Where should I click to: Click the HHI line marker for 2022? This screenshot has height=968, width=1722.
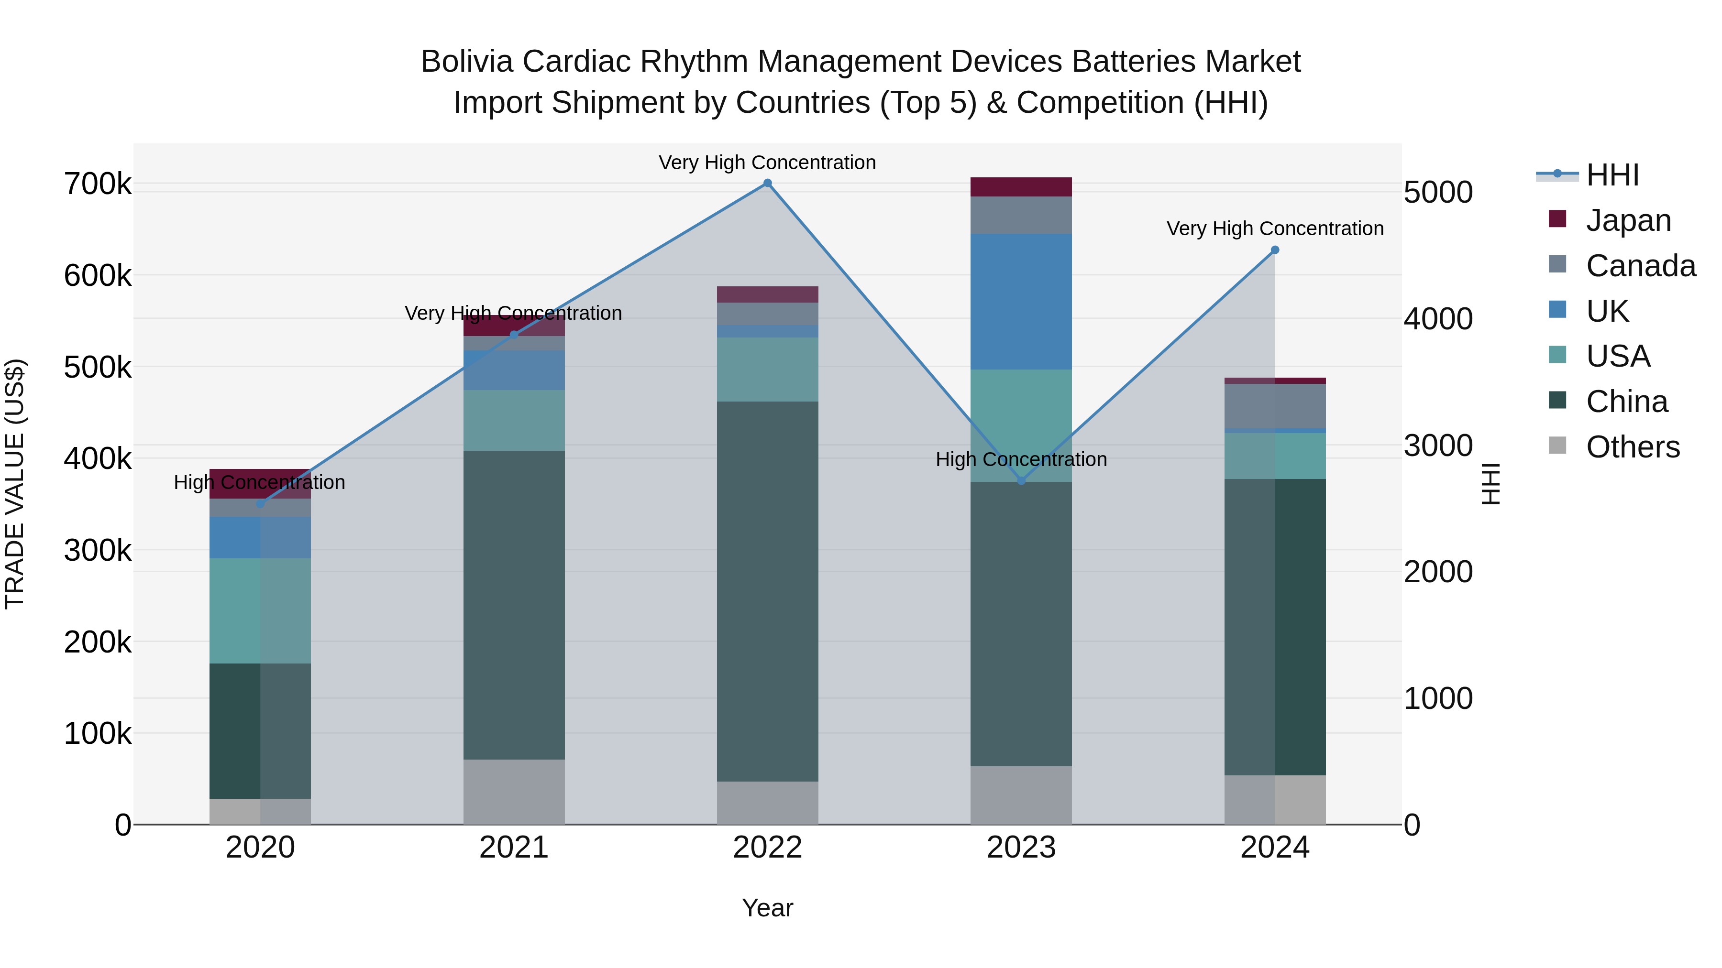pyautogui.click(x=767, y=183)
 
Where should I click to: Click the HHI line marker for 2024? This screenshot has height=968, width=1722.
pyautogui.click(x=1275, y=250)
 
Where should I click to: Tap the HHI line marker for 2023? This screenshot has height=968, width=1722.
pyautogui.click(x=1021, y=481)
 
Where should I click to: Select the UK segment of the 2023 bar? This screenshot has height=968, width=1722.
pyautogui.click(x=1021, y=301)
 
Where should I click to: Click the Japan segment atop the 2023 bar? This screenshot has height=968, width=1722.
pyautogui.click(x=1021, y=187)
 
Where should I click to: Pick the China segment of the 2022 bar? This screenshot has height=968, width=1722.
pyautogui.click(x=767, y=591)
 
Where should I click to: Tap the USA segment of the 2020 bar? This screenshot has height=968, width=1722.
pyautogui.click(x=260, y=610)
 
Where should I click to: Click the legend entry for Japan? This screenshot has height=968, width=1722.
pyautogui.click(x=1628, y=220)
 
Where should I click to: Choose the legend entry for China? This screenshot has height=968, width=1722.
pyautogui.click(x=1626, y=402)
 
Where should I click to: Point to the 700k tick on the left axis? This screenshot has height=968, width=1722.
pyautogui.click(x=98, y=184)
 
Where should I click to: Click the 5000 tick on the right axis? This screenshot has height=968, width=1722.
pyautogui.click(x=1437, y=192)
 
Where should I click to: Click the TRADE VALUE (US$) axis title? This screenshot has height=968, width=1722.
pyautogui.click(x=15, y=484)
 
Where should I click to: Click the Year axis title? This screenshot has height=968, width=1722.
pyautogui.click(x=767, y=908)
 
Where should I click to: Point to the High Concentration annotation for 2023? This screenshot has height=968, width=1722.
pyautogui.click(x=1021, y=459)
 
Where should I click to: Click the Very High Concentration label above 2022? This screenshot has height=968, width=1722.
pyautogui.click(x=767, y=163)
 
